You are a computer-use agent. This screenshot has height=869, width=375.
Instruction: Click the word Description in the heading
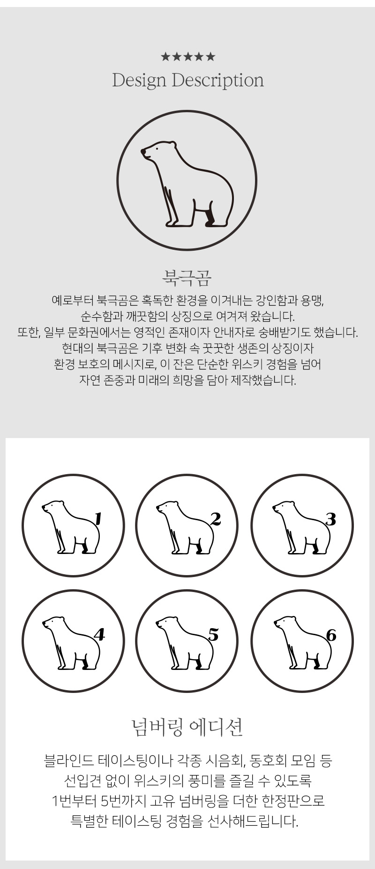217,81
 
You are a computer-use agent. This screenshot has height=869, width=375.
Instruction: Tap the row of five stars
187,57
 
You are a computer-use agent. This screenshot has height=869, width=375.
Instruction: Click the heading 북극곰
187,278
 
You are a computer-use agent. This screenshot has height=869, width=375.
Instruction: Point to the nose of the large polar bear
143,151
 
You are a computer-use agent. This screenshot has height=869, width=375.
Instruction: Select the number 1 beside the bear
98,518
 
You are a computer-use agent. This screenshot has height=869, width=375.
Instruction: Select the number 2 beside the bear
216,519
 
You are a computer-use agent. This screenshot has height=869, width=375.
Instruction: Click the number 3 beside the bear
331,519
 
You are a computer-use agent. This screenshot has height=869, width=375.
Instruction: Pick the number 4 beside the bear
99,635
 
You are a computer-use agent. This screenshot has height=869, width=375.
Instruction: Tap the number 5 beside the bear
214,635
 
